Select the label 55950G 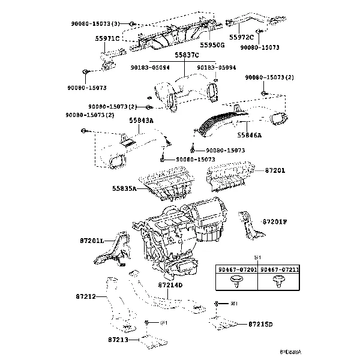coord(212,44)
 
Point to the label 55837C coord(186,55)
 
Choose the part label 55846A coord(250,136)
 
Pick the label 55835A coord(124,188)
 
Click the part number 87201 coord(275,170)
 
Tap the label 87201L coord(91,241)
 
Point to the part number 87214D coord(170,284)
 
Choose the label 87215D coord(260,325)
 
